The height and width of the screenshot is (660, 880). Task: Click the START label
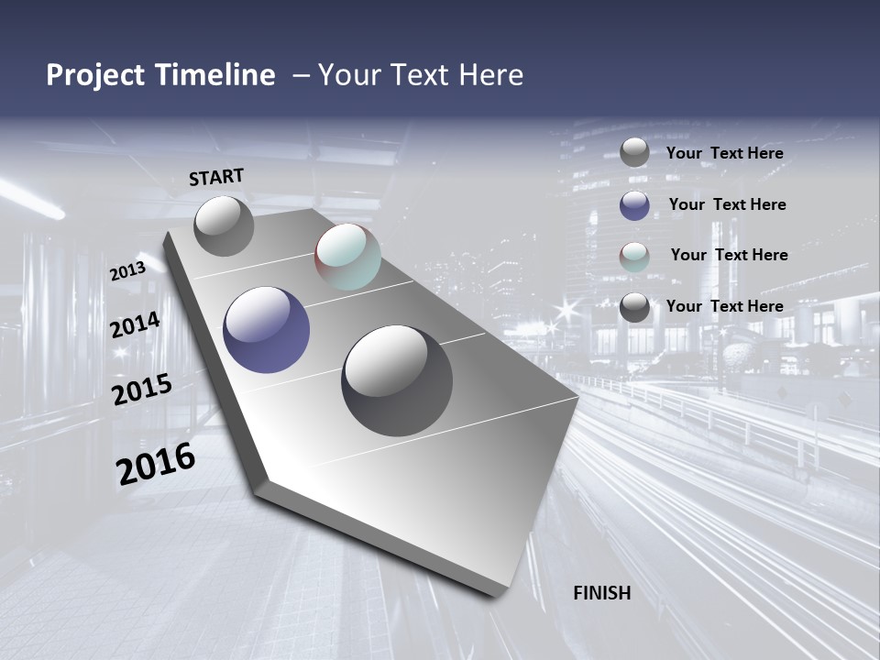coord(216,177)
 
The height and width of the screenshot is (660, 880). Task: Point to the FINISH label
coord(601,593)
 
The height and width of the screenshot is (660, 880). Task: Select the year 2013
coord(127,270)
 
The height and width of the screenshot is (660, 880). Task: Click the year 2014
coord(136,325)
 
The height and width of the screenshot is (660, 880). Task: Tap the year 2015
coord(142,390)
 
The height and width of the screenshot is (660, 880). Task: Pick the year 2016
coord(156,464)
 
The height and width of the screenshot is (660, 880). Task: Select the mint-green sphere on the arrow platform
coord(347,257)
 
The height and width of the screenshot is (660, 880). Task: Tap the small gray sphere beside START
coord(224,225)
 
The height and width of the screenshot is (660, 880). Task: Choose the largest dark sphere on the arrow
coord(397,380)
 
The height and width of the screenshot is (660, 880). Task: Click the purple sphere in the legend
coord(634,205)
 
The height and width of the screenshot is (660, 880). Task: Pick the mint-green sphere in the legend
coord(634,257)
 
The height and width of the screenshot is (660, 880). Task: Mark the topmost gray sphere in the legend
coord(634,153)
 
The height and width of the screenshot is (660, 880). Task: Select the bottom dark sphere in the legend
coord(634,307)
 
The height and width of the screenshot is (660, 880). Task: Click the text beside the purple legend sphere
coord(727,204)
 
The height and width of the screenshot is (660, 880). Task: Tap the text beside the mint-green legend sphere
coord(729,255)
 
